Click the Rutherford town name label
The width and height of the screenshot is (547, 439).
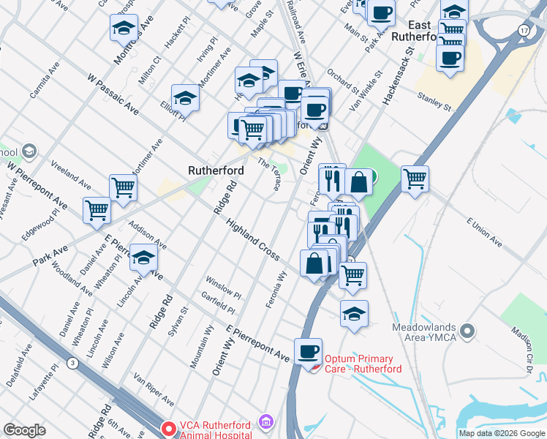click(216, 170)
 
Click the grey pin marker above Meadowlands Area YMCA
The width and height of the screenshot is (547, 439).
click(467, 331)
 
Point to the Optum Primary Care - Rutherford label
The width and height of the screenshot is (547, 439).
click(358, 364)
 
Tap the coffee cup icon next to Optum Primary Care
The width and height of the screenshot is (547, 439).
click(309, 351)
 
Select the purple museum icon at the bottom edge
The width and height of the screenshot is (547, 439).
click(266, 424)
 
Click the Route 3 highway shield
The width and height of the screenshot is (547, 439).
click(72, 363)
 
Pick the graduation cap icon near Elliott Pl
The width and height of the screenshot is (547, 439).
click(186, 98)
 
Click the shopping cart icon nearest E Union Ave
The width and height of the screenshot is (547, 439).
click(415, 178)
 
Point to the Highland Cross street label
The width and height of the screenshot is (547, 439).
click(252, 239)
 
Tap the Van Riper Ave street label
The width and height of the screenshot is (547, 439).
click(154, 391)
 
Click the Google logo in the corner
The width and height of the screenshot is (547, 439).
click(24, 429)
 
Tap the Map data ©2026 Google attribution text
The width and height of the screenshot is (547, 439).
click(502, 433)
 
